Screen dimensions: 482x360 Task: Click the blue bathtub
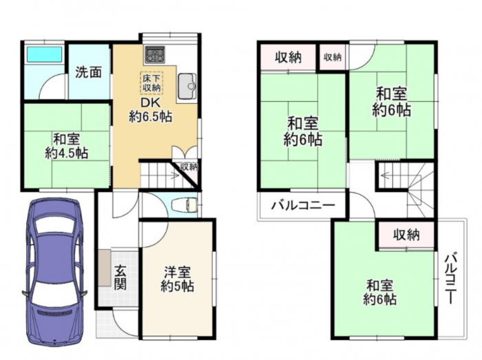click(44, 54)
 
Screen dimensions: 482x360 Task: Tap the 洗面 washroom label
click(89, 72)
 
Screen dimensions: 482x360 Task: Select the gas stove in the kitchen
click(155, 54)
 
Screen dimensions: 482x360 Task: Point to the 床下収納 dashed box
click(151, 83)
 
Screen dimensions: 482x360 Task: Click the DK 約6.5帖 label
click(150, 109)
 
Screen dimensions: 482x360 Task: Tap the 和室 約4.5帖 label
click(67, 146)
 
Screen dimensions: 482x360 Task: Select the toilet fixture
click(185, 205)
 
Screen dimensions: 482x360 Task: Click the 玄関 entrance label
click(120, 277)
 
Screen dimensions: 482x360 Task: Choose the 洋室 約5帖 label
click(178, 279)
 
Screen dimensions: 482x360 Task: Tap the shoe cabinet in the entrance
click(105, 268)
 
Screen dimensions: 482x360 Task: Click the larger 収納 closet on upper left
click(289, 57)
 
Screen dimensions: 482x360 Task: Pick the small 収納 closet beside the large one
click(333, 57)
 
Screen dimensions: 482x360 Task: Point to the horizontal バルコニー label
click(303, 205)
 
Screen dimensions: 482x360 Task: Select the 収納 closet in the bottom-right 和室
click(406, 235)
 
